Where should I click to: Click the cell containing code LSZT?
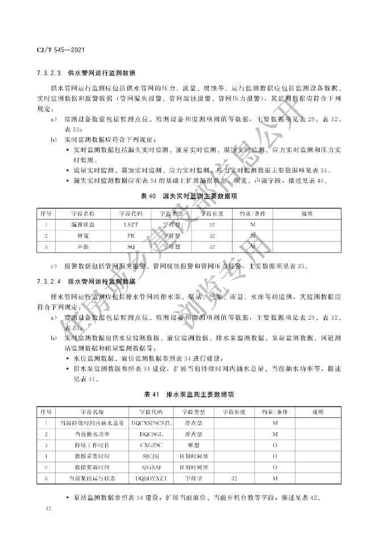point(130,225)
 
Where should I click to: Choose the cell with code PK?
point(130,235)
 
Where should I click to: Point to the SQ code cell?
point(130,246)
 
